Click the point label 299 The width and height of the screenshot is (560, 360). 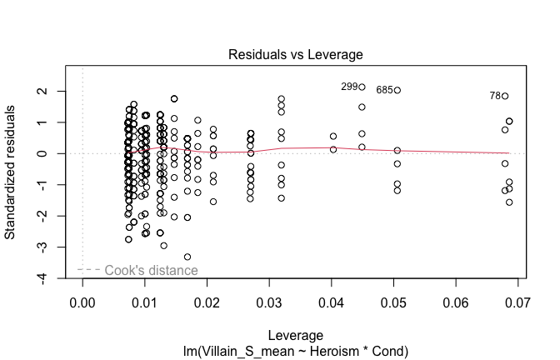[349, 87]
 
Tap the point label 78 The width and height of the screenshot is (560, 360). [495, 96]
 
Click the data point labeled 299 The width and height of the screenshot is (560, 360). [362, 87]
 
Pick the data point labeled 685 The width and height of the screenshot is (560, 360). [397, 90]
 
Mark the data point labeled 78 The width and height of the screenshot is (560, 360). [505, 96]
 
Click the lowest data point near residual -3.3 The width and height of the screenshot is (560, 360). [187, 257]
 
